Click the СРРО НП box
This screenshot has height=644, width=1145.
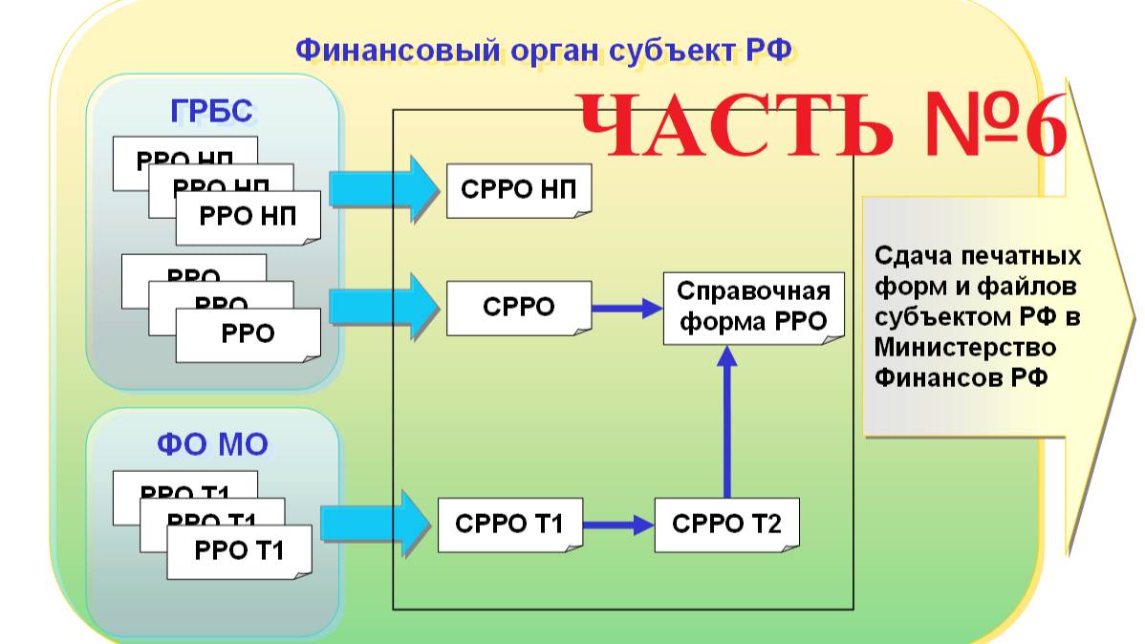pos(518,189)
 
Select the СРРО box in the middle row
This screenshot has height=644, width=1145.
pos(518,308)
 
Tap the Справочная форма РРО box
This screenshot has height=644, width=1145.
pos(753,307)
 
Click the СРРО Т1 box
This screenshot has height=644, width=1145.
pos(509,524)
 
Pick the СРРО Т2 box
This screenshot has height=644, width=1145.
pos(726,524)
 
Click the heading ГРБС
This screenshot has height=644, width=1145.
pos(212,112)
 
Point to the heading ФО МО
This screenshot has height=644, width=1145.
pos(212,444)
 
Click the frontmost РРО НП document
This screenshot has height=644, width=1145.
pos(248,217)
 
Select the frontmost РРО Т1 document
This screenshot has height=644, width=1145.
pos(239,551)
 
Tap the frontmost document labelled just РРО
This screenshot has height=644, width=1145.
pos(248,334)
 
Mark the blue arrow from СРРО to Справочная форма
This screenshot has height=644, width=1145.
pos(627,308)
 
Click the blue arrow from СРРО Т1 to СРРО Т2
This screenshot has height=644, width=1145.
pos(617,525)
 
